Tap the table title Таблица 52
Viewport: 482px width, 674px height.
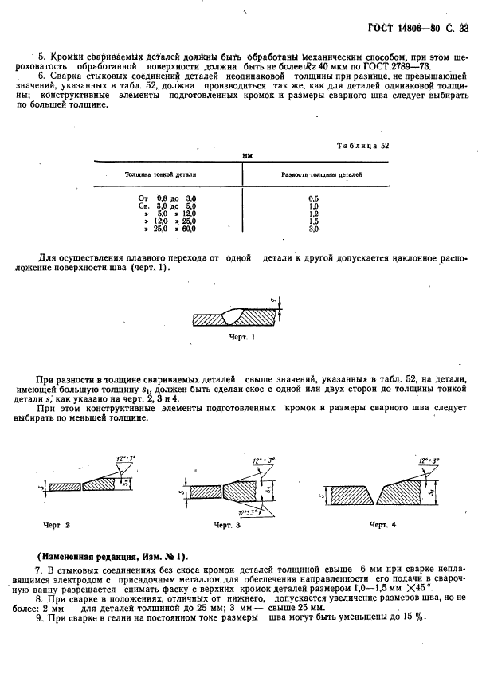click(363, 147)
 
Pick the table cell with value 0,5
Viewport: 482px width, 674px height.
click(313, 198)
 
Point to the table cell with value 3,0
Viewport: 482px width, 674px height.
click(313, 229)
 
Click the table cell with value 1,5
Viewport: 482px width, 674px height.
click(313, 221)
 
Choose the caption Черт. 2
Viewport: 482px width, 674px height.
click(57, 525)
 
